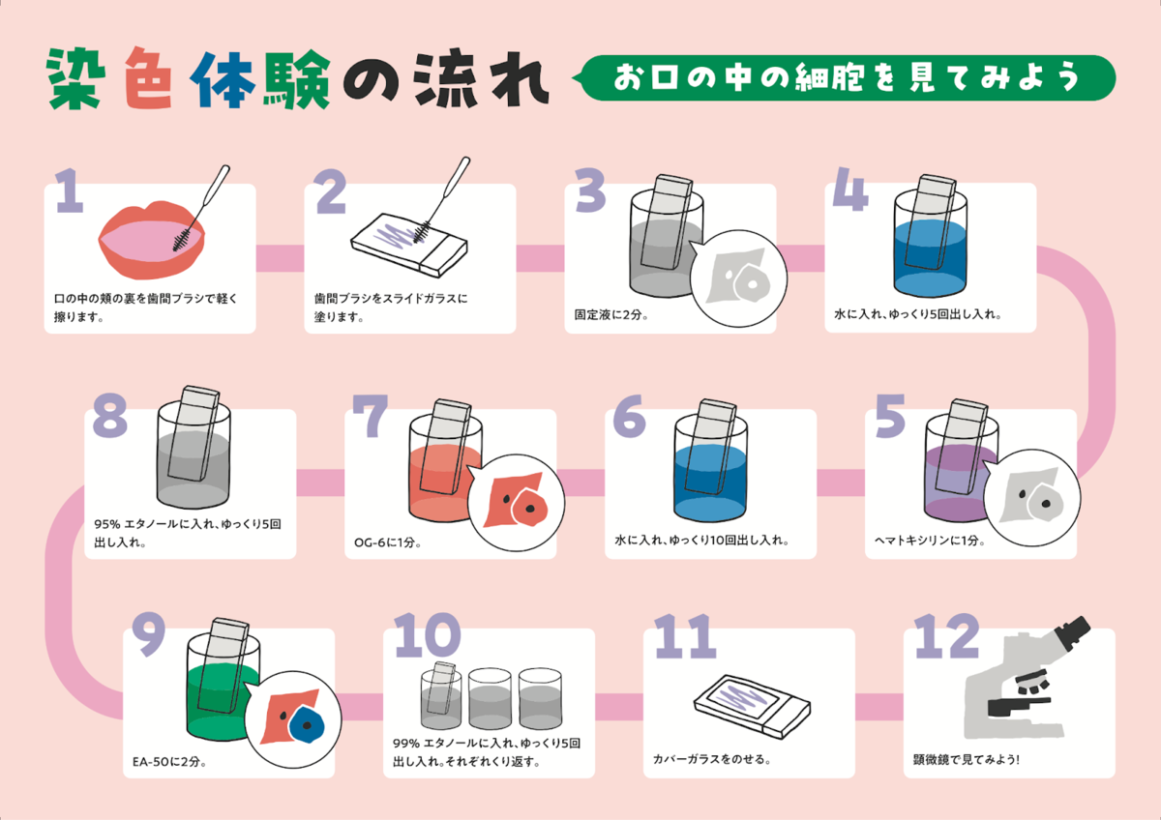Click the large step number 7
pos(370,416)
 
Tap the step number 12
pos(946,636)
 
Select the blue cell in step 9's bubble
pos(307,723)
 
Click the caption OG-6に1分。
pos(388,542)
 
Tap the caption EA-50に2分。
pos(169,762)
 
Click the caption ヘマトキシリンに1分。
pos(930,541)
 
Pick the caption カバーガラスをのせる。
pos(712,759)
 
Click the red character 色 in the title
pos(148,77)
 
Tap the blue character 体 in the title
pos(223,78)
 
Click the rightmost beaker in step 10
pos(541,699)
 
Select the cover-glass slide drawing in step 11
pos(752,706)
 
